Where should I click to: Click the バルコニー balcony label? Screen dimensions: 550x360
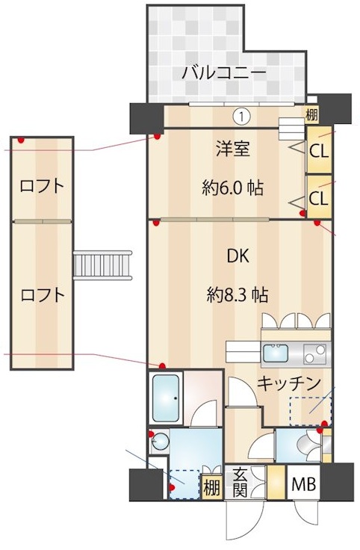click(x=223, y=73)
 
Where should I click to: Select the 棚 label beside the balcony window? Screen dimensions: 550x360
click(x=311, y=114)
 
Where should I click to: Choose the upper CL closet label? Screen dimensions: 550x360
click(x=319, y=149)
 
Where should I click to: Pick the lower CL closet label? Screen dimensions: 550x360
click(x=319, y=198)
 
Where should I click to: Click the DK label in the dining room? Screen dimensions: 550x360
click(x=238, y=256)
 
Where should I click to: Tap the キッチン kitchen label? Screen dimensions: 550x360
click(x=289, y=383)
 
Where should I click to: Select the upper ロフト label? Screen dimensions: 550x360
click(x=42, y=185)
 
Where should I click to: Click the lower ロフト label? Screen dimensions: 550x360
click(x=42, y=294)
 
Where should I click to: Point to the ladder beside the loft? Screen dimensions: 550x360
click(x=103, y=265)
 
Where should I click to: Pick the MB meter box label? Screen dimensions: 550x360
click(x=302, y=484)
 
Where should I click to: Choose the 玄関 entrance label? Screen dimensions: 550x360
click(x=240, y=482)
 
